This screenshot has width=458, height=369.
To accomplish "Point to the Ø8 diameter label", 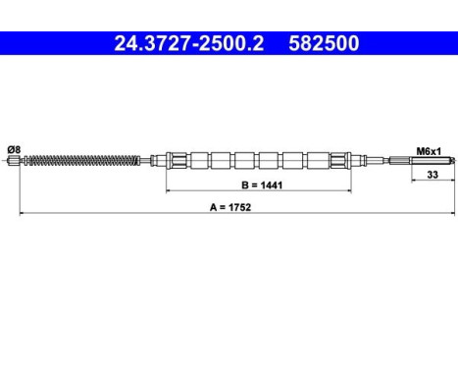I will pos(14,149).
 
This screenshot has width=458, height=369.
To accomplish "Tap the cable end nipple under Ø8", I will pos(14,159).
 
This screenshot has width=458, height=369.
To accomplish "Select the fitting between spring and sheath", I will pos(157,159).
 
